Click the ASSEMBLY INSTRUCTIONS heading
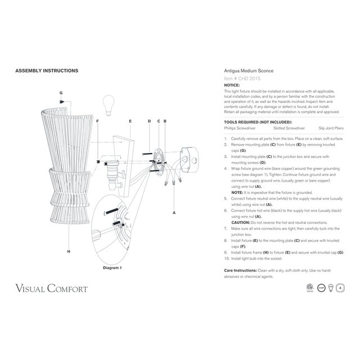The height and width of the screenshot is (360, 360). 46,71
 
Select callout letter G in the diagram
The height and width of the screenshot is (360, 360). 61,92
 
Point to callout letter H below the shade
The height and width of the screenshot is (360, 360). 68,251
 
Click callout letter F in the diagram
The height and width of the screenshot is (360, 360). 97,121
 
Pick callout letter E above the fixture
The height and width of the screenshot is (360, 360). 130,121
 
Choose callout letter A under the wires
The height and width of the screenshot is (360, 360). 174,213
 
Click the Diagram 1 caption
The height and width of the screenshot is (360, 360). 112,268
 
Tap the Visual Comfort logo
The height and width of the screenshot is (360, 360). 51,290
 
